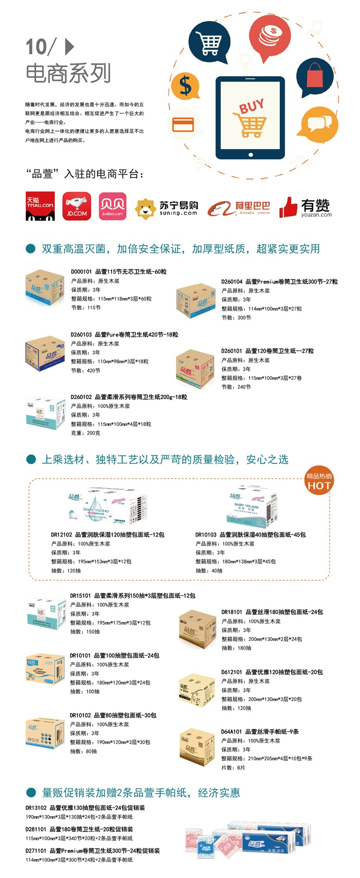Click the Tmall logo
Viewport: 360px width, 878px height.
point(40,206)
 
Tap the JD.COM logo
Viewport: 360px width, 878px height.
point(77,206)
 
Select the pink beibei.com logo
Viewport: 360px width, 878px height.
point(112,206)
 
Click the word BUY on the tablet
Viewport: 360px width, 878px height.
point(252,106)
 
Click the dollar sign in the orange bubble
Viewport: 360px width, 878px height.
point(185,86)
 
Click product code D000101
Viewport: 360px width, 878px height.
point(81,272)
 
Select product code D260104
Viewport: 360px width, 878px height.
point(232,282)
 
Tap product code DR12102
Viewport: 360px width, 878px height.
point(61,534)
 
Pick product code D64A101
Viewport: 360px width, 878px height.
point(231,732)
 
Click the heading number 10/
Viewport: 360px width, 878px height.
point(40,47)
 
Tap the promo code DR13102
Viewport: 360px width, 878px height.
point(36,807)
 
